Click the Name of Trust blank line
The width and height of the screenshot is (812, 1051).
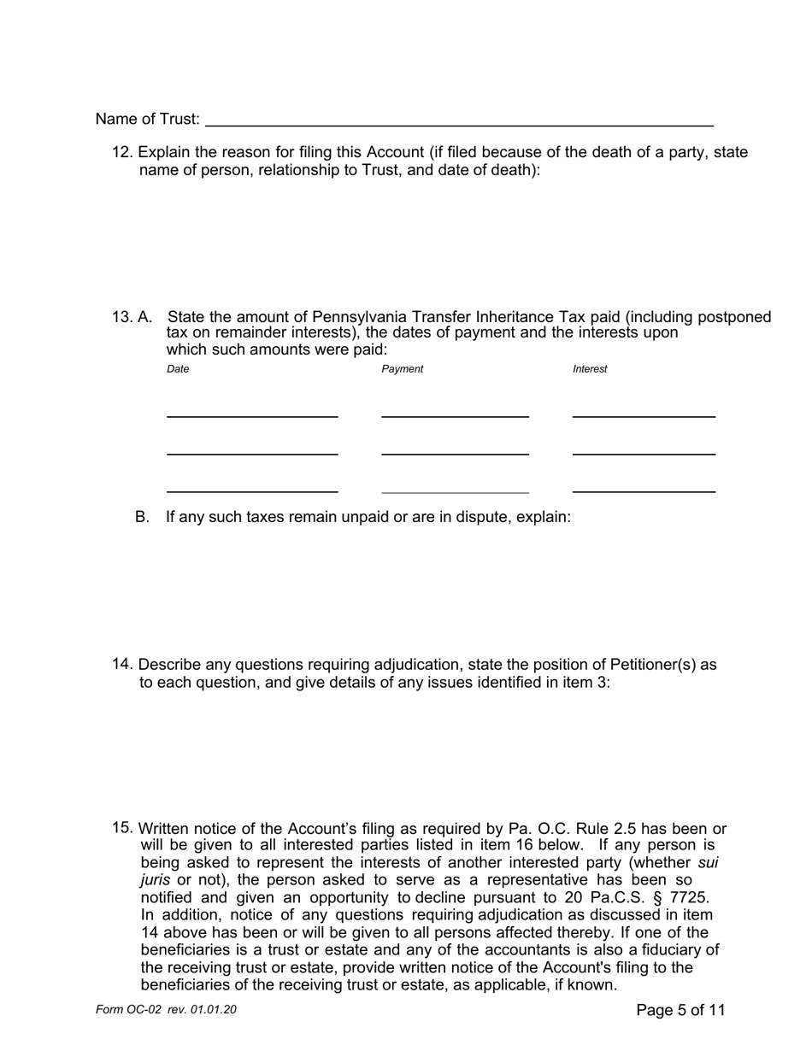[x=459, y=120]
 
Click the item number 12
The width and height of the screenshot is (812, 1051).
[x=122, y=152]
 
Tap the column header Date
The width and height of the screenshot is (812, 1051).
[x=178, y=369]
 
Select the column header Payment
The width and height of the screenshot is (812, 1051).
[x=402, y=369]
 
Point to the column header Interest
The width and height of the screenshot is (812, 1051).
[x=590, y=369]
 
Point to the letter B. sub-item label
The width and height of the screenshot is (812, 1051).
[x=142, y=517]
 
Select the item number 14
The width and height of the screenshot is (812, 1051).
[x=122, y=665]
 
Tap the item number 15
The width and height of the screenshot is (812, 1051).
[x=122, y=828]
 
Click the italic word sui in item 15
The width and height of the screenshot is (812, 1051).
[x=708, y=863]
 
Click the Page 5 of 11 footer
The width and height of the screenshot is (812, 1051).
[x=680, y=1010]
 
